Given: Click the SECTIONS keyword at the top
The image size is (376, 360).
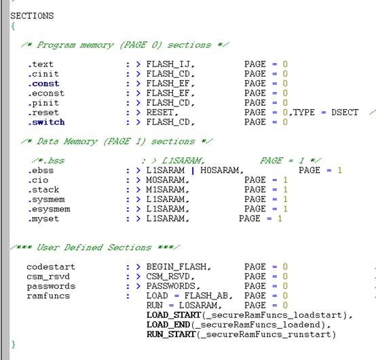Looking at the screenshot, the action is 32,16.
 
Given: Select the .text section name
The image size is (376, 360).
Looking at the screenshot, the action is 40,64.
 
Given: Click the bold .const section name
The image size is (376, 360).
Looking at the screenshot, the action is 43,83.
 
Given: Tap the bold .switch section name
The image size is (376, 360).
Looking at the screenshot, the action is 46,122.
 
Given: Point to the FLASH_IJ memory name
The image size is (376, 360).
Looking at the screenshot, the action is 168,64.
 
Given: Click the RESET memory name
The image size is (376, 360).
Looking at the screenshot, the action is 160,113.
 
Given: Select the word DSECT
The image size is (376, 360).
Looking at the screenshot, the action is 345,113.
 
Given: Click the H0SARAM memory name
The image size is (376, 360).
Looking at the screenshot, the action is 220,170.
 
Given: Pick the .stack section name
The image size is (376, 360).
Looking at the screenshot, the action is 43,190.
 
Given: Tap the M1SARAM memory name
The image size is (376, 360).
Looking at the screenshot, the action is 166,190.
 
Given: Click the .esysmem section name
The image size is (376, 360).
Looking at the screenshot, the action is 49,209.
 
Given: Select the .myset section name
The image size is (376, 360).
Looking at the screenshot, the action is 43,219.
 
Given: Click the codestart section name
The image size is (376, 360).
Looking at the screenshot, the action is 51,267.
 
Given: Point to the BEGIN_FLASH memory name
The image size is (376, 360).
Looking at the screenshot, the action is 176,267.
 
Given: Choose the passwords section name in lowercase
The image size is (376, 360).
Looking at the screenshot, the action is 51,286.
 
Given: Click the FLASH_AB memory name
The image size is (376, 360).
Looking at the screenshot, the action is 206,296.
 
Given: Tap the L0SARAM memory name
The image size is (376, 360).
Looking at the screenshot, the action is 198,305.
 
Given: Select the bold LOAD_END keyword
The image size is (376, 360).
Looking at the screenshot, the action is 168,325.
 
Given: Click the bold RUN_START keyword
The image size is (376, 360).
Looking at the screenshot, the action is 171,334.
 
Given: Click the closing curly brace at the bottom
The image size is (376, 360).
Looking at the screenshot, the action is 13,344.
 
